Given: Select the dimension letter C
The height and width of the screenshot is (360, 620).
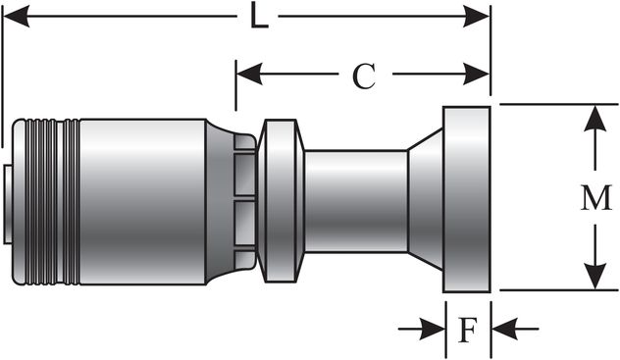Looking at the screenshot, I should click(x=364, y=77).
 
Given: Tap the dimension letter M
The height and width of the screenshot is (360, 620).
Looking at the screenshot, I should click(x=594, y=198).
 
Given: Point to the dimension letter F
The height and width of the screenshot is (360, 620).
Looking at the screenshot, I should click(x=468, y=330).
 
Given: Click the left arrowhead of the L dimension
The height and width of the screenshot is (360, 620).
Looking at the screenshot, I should click(x=12, y=17).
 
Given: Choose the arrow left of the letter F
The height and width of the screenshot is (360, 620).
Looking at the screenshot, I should click(x=428, y=329).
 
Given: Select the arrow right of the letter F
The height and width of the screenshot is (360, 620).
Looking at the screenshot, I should click(x=506, y=329).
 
